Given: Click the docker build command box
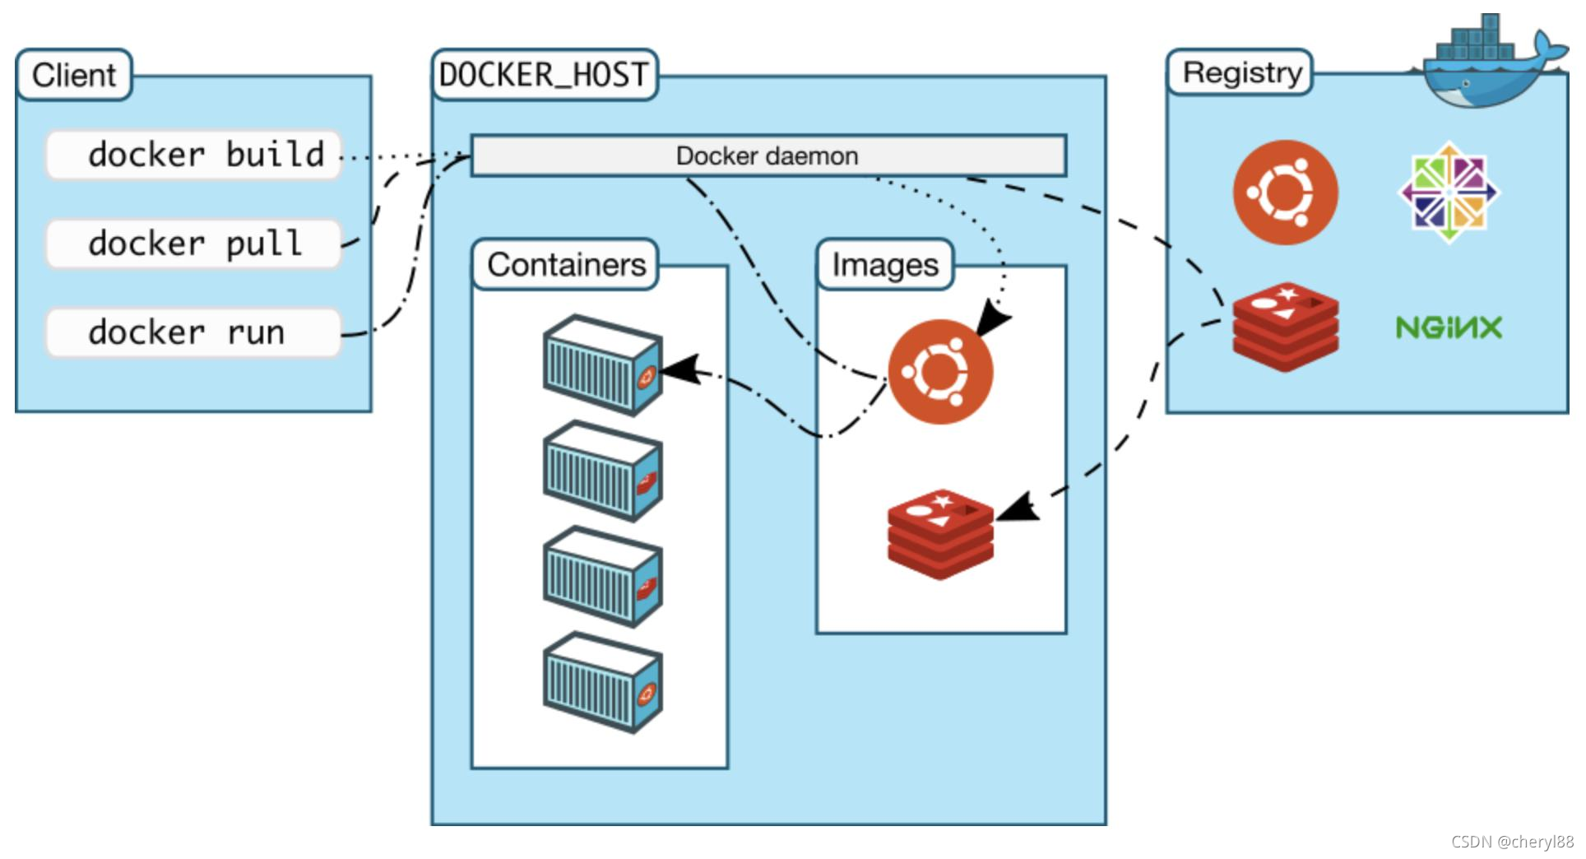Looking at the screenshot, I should [193, 155].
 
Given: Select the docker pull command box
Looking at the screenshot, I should [193, 244].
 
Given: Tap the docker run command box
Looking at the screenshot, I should [193, 332].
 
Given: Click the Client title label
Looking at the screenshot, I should [74, 75].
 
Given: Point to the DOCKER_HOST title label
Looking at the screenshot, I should [545, 75].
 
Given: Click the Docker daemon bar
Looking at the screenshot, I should [767, 156].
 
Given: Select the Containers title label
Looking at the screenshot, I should [566, 265].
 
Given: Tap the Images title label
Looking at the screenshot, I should [885, 265].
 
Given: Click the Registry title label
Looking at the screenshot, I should [1241, 72].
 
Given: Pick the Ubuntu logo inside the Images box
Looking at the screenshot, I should [940, 372].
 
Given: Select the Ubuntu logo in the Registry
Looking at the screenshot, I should [1285, 193].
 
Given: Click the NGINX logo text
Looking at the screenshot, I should [1449, 328].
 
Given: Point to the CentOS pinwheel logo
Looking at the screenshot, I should [1449, 193].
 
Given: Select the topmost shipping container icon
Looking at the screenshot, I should [603, 364].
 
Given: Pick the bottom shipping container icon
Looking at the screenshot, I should [603, 682].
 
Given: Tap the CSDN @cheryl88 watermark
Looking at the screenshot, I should [1512, 842].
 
